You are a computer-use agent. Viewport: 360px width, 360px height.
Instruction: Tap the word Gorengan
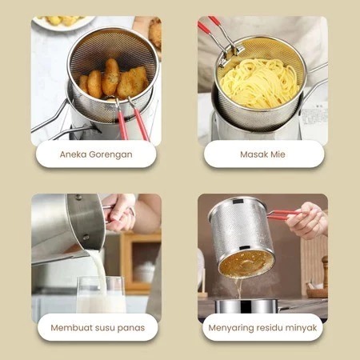pyautogui.click(x=110, y=155)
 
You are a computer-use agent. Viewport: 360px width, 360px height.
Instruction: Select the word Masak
pyautogui.click(x=251, y=154)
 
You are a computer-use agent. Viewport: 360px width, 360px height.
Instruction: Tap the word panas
pyautogui.click(x=131, y=329)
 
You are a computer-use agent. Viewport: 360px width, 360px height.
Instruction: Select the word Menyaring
pyautogui.click(x=230, y=328)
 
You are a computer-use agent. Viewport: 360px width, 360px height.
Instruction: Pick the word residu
pyautogui.click(x=270, y=327)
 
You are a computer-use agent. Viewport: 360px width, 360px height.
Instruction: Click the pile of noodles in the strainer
pyautogui.click(x=258, y=82)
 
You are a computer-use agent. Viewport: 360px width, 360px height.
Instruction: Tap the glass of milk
pyautogui.click(x=101, y=294)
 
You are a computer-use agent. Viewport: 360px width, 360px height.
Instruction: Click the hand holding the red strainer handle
pyautogui.click(x=307, y=221)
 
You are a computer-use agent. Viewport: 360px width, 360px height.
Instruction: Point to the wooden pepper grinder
pyautogui.click(x=325, y=271)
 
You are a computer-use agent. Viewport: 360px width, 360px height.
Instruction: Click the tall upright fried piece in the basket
pyautogui.click(x=110, y=77)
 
